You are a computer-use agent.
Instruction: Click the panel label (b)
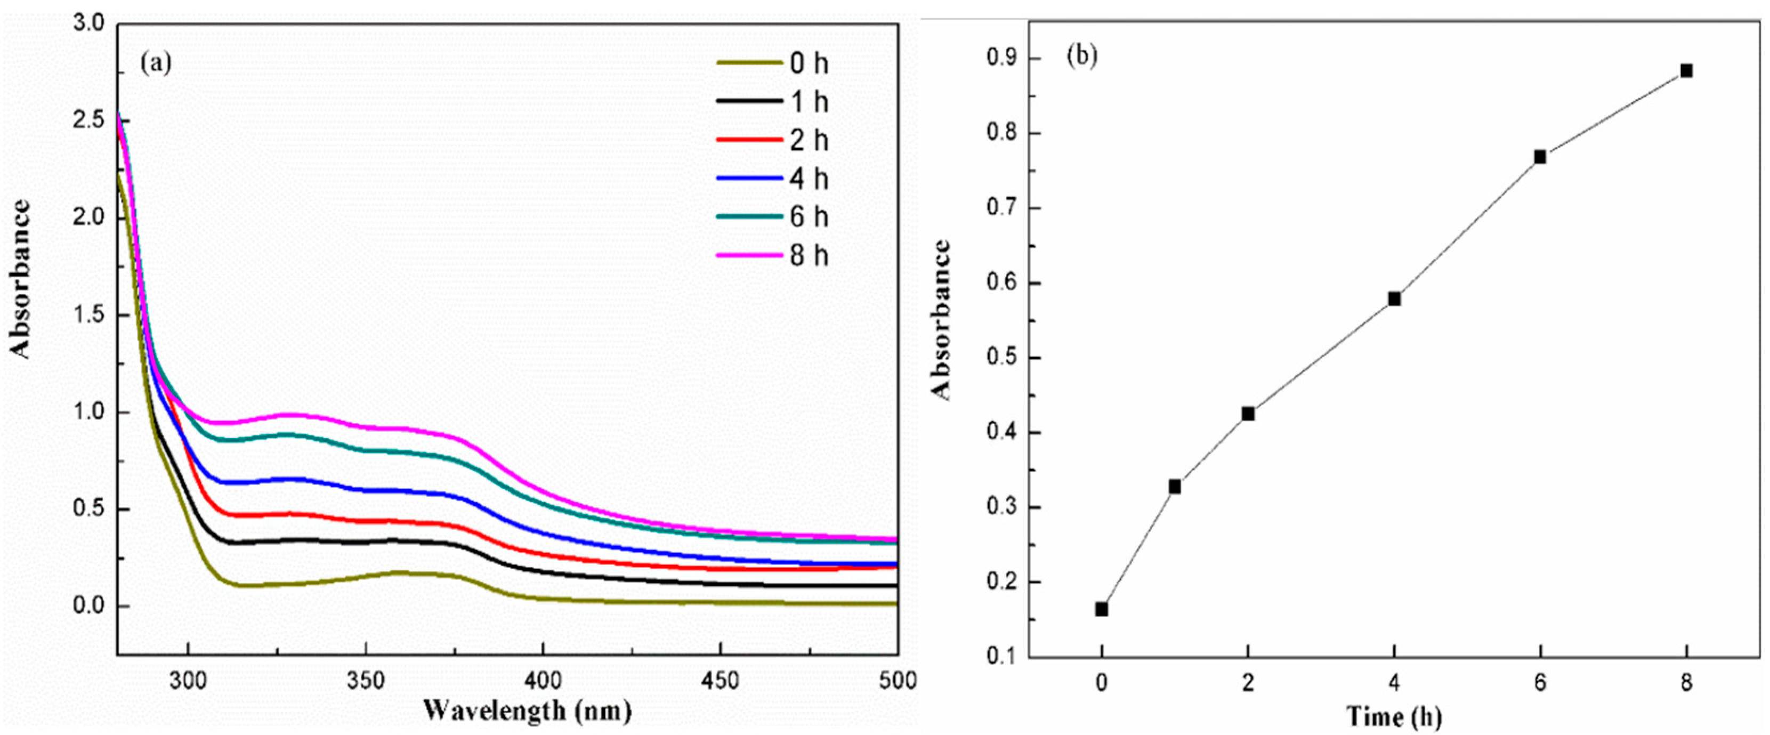tap(1081, 55)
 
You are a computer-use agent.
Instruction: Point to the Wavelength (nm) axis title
tap(527, 709)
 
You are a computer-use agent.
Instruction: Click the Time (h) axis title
tap(1394, 716)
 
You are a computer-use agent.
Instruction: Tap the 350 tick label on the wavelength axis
tap(366, 681)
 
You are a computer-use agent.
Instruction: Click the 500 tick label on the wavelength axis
tap(898, 681)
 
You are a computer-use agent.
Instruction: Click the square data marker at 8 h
tap(1685, 71)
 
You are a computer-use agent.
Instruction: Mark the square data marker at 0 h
tap(1102, 609)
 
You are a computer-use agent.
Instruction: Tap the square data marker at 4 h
tap(1394, 299)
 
